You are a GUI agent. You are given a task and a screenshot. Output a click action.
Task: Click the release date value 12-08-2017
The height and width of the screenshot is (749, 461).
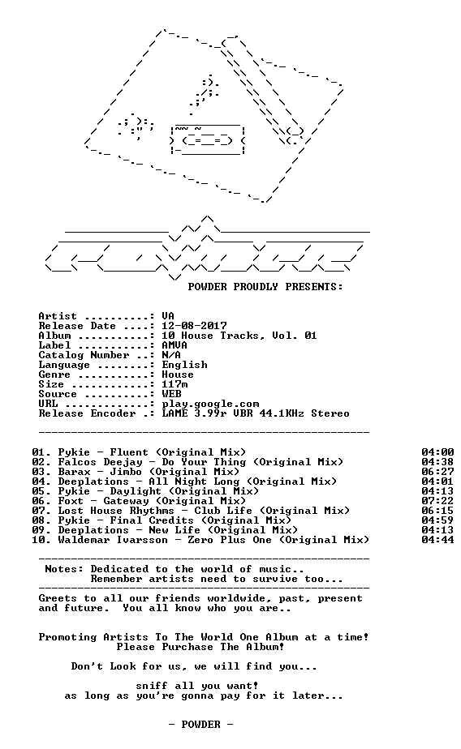[x=194, y=326]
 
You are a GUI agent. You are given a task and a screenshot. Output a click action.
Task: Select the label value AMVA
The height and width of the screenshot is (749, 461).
[x=174, y=345]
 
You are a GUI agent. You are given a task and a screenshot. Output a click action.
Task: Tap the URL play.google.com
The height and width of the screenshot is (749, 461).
[x=210, y=404]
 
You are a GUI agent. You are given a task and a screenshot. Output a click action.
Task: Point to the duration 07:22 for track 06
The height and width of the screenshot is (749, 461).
[x=437, y=501]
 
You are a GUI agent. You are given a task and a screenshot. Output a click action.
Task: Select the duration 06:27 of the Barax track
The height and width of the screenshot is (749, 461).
[x=437, y=472]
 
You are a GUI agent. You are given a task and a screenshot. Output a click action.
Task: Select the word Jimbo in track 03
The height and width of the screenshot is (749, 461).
[x=126, y=472]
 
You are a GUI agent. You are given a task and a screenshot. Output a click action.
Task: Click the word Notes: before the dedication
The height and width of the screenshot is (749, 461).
[x=64, y=569]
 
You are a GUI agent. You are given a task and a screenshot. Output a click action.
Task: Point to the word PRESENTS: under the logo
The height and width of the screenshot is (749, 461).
[x=314, y=287]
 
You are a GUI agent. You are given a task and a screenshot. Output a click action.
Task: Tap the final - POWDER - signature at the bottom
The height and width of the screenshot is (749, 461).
[x=200, y=725]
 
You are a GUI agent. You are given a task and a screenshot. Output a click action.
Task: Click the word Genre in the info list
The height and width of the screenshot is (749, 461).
[x=54, y=374]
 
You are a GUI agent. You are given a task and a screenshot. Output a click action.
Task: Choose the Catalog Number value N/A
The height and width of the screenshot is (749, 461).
[x=171, y=355]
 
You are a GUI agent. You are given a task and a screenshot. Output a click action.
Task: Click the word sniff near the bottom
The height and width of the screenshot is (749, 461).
[x=152, y=686]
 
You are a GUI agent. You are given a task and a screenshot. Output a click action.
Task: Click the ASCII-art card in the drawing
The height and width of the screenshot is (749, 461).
[x=208, y=139]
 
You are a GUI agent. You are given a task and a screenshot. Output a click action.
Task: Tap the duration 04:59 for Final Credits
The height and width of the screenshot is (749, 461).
[x=437, y=520]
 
